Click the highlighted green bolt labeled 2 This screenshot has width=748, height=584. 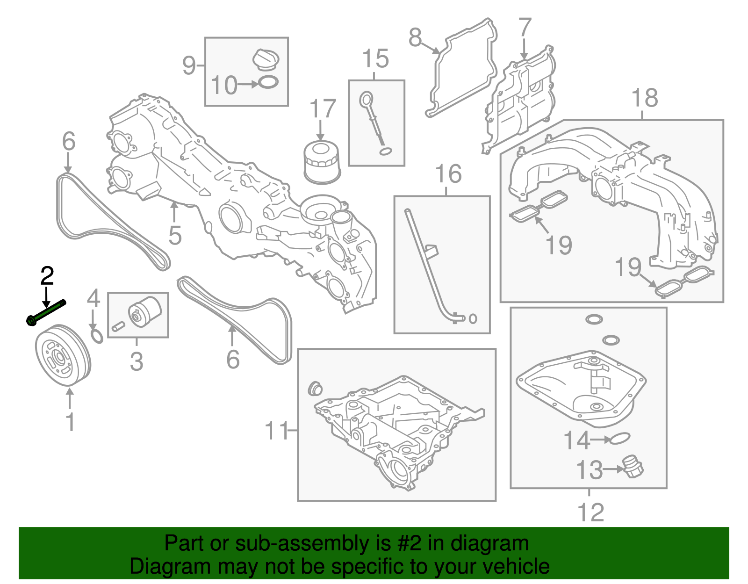(46, 312)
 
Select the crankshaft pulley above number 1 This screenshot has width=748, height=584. (63, 355)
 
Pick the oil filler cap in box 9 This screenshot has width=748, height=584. (266, 59)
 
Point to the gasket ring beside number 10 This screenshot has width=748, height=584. (268, 82)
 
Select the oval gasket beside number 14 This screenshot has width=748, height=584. (619, 439)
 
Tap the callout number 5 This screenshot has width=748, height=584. (175, 235)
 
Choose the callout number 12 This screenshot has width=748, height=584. (591, 512)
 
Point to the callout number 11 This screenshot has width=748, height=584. (276, 431)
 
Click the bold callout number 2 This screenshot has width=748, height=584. (47, 276)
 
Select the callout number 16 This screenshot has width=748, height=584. (448, 174)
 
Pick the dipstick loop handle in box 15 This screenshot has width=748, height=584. (366, 100)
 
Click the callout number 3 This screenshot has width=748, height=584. (137, 361)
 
